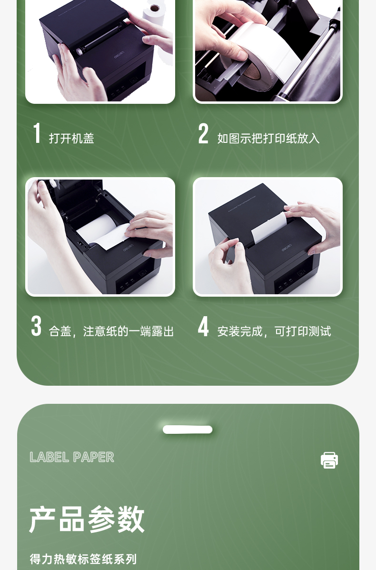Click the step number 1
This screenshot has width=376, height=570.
click(x=37, y=133)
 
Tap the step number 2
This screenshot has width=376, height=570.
click(x=203, y=133)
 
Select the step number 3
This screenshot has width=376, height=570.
click(x=36, y=326)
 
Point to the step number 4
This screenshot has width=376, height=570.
click(x=203, y=326)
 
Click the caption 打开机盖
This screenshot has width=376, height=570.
click(x=71, y=139)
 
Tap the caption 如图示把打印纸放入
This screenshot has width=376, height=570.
click(x=268, y=139)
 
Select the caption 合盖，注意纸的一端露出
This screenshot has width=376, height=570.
click(x=111, y=331)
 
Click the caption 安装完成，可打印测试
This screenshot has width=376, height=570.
click(x=274, y=331)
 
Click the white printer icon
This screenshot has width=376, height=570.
click(x=329, y=460)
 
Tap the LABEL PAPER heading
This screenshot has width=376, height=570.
click(x=71, y=457)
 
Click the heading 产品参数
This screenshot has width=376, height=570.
click(x=87, y=519)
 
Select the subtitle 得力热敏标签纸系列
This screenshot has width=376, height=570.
click(x=83, y=559)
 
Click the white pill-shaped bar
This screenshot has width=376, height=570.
click(x=188, y=430)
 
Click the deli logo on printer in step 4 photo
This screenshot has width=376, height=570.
click(x=286, y=249)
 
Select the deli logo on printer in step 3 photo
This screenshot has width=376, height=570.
click(x=129, y=249)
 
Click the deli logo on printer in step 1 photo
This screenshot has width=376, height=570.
click(x=119, y=56)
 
